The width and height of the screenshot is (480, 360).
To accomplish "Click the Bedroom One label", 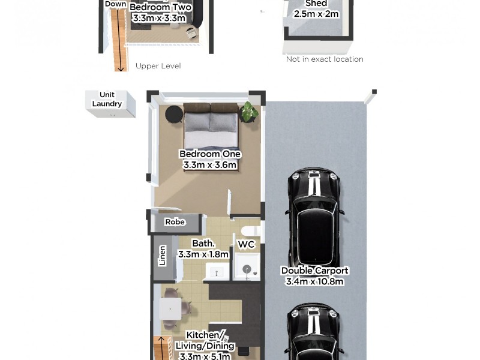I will click(x=209, y=154).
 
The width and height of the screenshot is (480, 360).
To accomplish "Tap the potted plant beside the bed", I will click(x=248, y=112).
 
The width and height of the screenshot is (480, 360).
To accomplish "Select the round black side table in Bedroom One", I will click(x=174, y=113).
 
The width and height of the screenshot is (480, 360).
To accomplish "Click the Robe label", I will click(x=175, y=222).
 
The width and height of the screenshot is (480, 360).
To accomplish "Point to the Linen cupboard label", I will click(x=162, y=256).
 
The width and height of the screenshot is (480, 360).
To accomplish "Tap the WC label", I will click(x=247, y=245).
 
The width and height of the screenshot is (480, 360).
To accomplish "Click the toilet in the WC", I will click(x=247, y=230).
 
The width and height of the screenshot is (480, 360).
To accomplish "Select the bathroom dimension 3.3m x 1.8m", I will click(x=203, y=254).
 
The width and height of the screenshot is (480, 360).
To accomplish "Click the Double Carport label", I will click(x=314, y=271).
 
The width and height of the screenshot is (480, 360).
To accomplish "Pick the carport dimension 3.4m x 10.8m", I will click(x=314, y=281).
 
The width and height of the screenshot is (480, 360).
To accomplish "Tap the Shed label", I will click(x=316, y=4).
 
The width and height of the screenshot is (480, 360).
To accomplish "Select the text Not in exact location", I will click(x=325, y=59).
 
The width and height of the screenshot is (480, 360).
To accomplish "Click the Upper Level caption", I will click(x=158, y=66).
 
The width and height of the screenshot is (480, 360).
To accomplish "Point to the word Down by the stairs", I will click(x=115, y=4).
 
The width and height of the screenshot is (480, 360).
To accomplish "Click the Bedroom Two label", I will click(x=161, y=8).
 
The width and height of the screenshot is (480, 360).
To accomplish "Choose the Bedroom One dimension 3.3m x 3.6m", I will click(x=209, y=165).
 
